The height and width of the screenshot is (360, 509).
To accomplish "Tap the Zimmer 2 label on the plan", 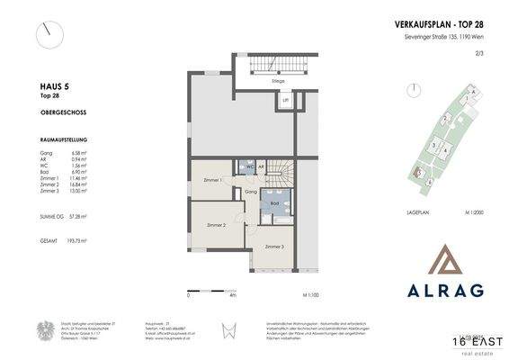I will pyautogui.click(x=216, y=224).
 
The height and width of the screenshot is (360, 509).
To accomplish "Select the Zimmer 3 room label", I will pyautogui.click(x=273, y=246).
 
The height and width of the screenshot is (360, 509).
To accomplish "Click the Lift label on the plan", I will pyautogui.click(x=286, y=102).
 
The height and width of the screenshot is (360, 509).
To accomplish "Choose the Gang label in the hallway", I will pyautogui.click(x=252, y=192).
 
